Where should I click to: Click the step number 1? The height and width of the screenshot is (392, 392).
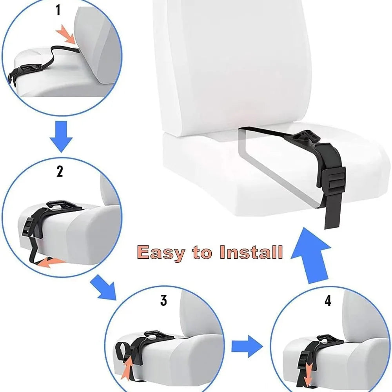click(x=58, y=10)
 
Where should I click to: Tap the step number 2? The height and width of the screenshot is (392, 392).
click(x=60, y=171)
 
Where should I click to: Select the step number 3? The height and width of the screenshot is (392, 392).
click(x=163, y=301)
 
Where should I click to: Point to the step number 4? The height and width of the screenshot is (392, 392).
click(x=328, y=301)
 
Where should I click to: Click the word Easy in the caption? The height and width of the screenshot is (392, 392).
click(x=162, y=253)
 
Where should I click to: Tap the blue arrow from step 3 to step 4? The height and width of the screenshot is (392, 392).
click(x=246, y=346)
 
